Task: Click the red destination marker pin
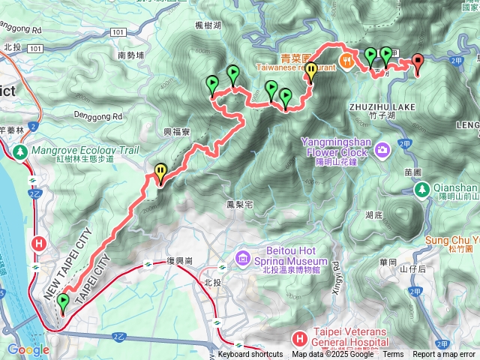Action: tap(418, 64)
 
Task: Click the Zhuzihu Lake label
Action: tap(382, 107)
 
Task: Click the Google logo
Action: tap(28, 349)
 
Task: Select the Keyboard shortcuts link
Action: tap(250, 355)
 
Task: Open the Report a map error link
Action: tap(444, 355)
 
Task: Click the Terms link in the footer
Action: tap(393, 355)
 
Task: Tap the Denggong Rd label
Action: tap(98, 116)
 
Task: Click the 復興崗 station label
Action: tap(181, 261)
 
